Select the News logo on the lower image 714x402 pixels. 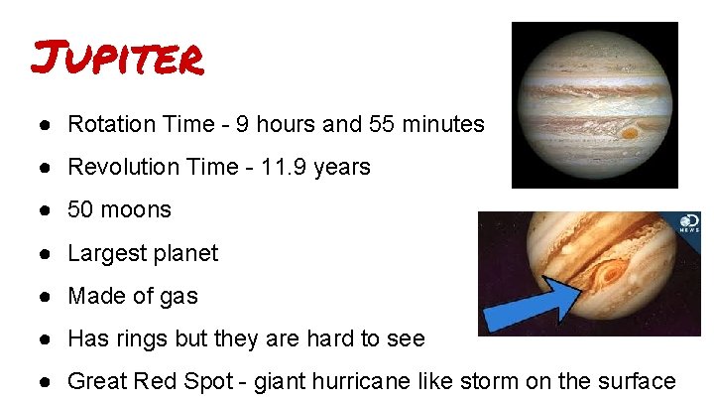tap(689, 223)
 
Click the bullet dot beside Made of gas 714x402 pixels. tap(47, 296)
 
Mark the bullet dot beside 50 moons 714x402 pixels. tap(47, 210)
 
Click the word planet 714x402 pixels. tap(183, 253)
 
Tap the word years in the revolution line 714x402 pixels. tap(343, 167)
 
